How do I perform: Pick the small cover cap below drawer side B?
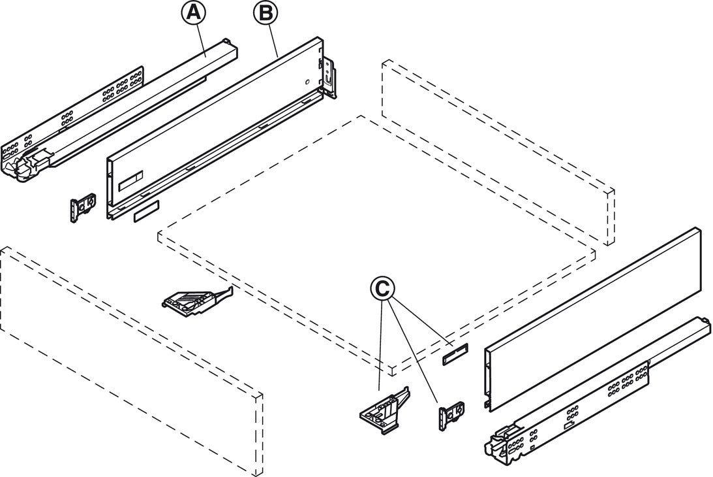coord(145,214)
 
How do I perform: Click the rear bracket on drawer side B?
coord(329,78)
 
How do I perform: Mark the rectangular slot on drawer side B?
coord(133,178)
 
